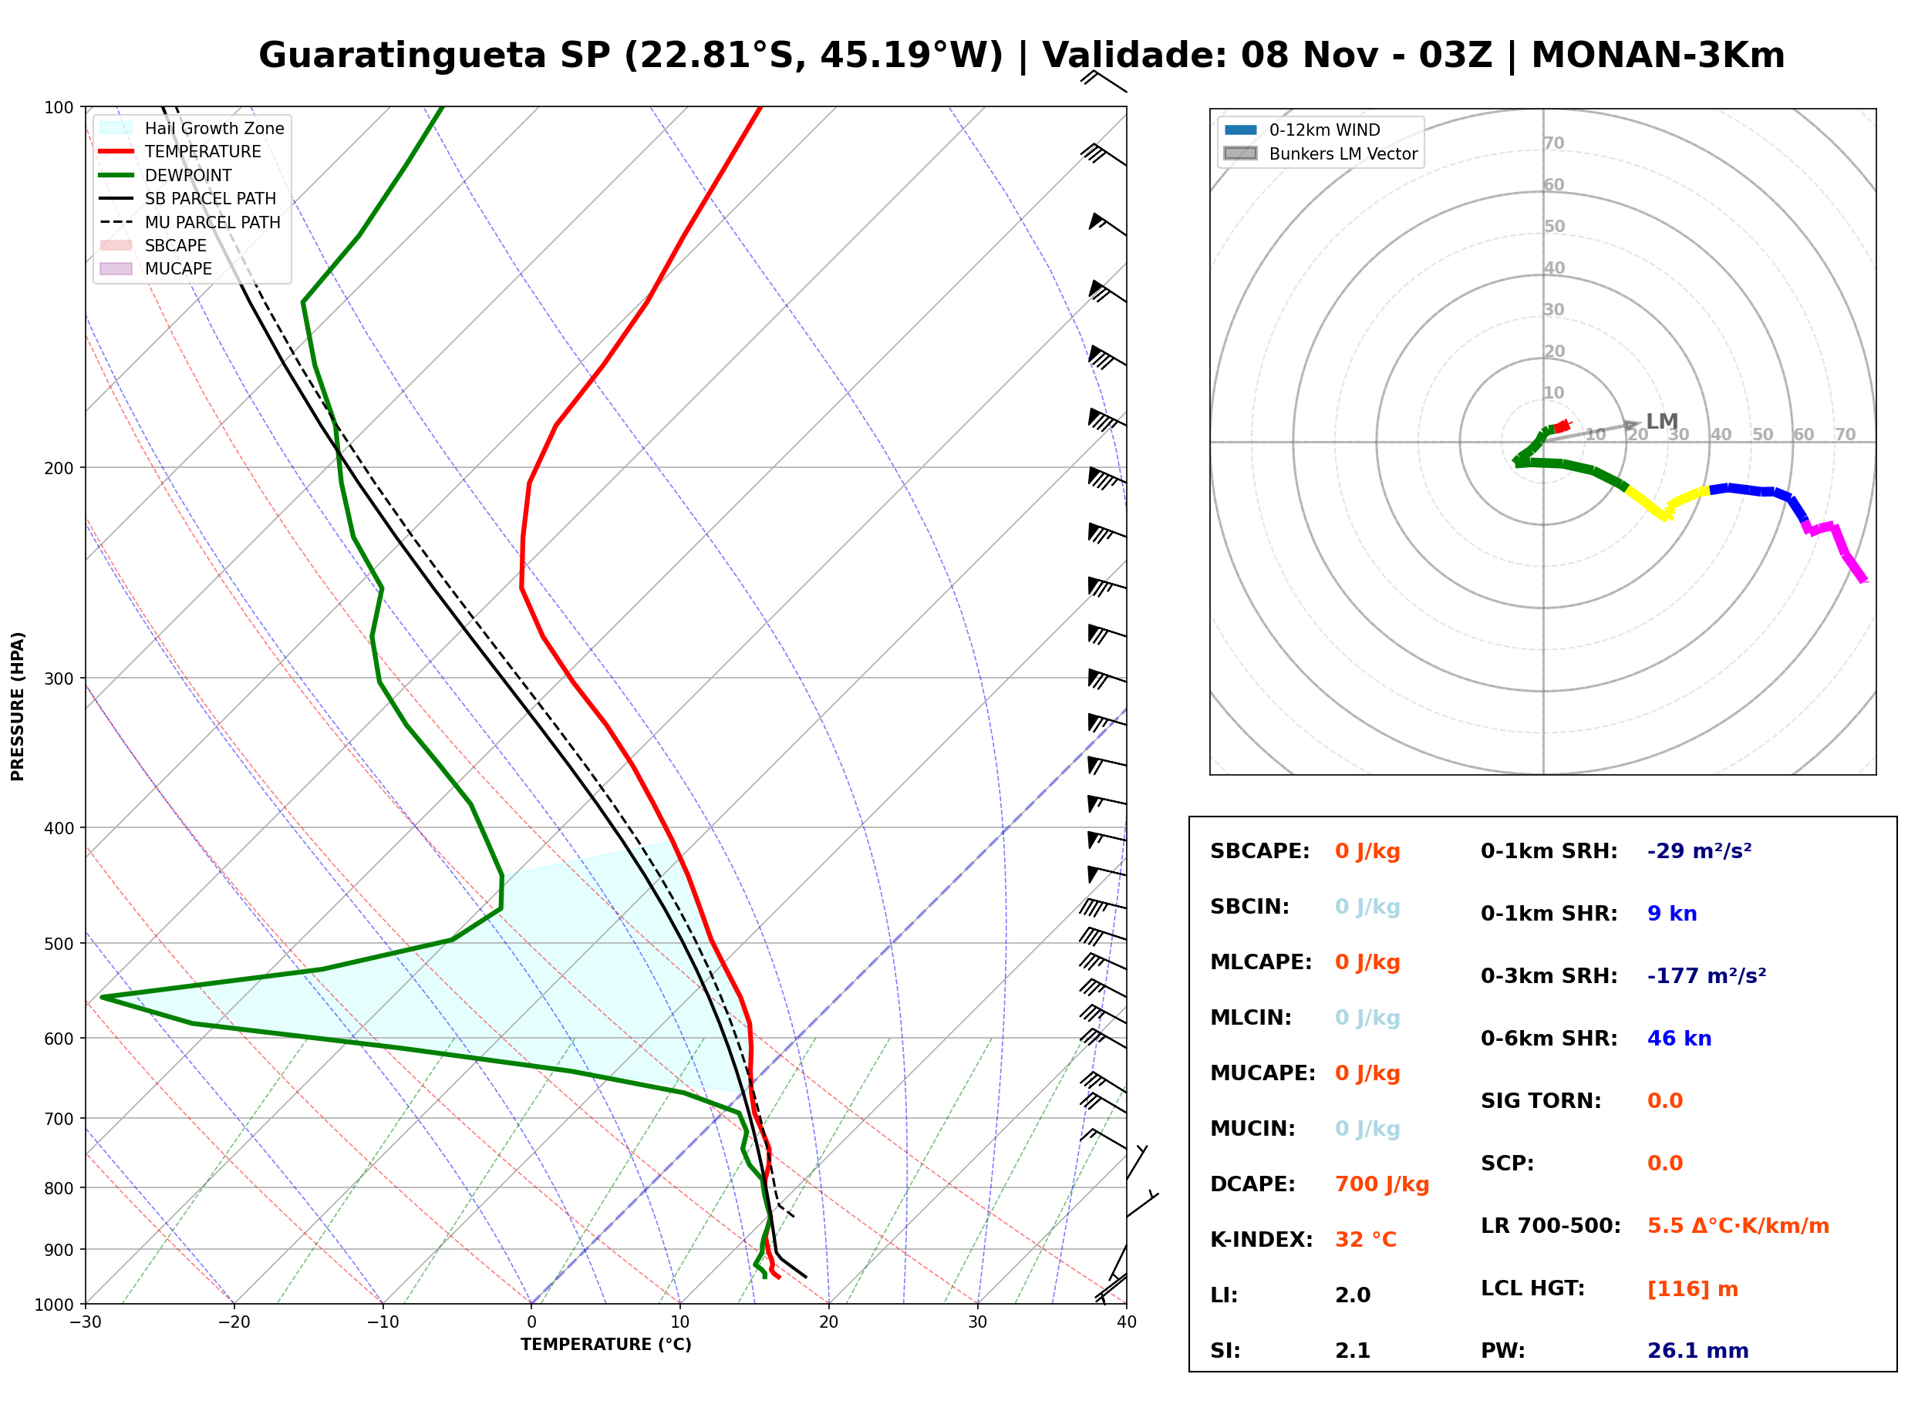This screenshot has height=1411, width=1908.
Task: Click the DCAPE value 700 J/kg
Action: tap(1381, 1184)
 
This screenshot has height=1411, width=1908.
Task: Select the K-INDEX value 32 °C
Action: tap(1365, 1240)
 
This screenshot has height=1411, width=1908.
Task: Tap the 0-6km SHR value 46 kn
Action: tap(1678, 1039)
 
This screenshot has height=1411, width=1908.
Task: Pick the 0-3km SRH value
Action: tap(1706, 975)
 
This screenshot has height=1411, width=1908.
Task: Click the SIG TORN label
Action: tap(1541, 1101)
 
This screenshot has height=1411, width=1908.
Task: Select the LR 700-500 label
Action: tap(1550, 1227)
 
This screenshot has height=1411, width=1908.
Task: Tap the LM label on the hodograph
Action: tap(1661, 422)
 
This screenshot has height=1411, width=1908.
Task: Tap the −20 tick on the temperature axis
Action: tap(234, 1322)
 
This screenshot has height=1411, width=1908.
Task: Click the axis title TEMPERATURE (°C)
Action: tap(605, 1345)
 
